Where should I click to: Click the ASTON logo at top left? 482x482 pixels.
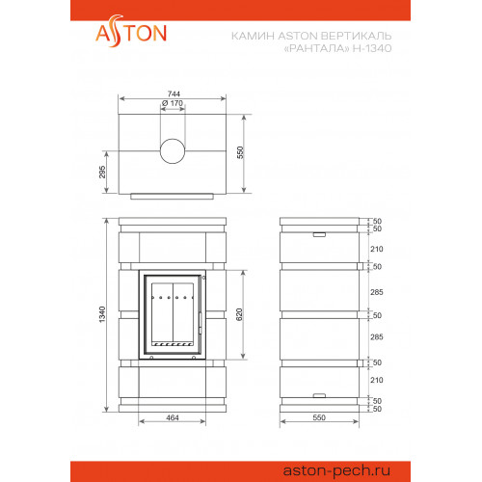pyautogui.click(x=131, y=32)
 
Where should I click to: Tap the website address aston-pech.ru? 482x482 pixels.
pyautogui.click(x=336, y=470)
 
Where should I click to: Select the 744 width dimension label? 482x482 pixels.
pyautogui.click(x=174, y=94)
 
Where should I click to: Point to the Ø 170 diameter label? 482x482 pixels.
pyautogui.click(x=173, y=103)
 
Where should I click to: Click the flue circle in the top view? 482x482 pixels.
pyautogui.click(x=173, y=151)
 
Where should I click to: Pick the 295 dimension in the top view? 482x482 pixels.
pyautogui.click(x=102, y=172)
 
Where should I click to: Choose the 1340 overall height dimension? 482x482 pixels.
pyautogui.click(x=102, y=314)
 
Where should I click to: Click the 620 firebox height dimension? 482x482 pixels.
pyautogui.click(x=239, y=314)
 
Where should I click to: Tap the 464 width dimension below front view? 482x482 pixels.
pyautogui.click(x=173, y=417)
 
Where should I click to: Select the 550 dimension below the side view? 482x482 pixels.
pyautogui.click(x=319, y=417)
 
